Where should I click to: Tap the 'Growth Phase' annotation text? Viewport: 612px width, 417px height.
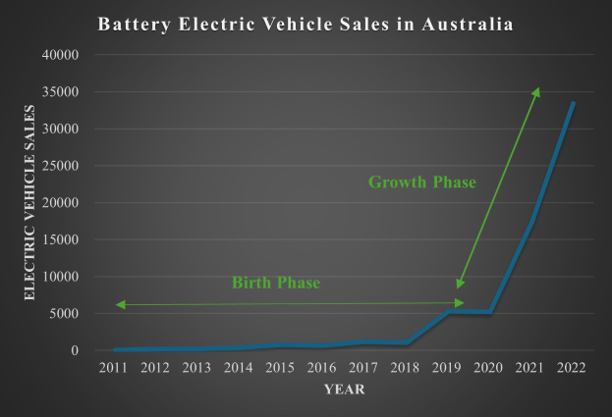pos(421,182)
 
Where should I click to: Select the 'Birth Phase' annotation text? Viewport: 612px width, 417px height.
pos(276,284)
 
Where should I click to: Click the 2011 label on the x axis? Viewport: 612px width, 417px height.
pos(113,367)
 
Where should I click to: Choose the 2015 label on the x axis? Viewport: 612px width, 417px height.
pos(281,367)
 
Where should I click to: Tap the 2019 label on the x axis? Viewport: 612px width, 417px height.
pos(448,367)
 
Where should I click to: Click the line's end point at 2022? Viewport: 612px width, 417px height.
pos(574,103)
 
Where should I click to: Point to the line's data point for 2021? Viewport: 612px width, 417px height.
pos(531,222)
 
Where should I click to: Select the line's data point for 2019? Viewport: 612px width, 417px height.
pos(448,312)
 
